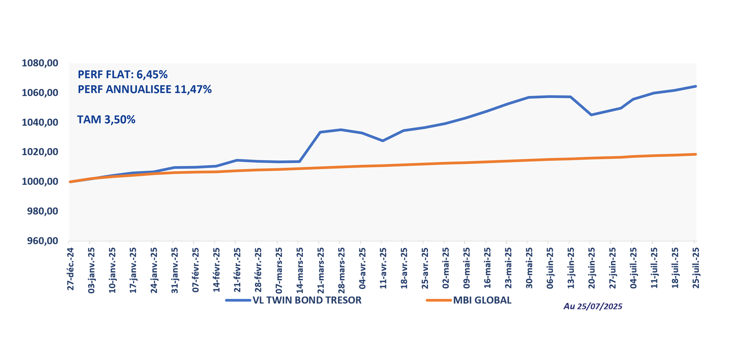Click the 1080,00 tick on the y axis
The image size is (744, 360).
[x=39, y=63]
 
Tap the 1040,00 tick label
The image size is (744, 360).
[x=39, y=123]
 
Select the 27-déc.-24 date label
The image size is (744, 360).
[x=70, y=268]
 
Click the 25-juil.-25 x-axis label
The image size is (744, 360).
[x=695, y=268]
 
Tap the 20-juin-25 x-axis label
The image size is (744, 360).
[x=591, y=268]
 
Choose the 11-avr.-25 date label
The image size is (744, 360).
[x=383, y=268]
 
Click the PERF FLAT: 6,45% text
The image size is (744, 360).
[x=123, y=75]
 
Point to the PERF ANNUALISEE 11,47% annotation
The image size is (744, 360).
[x=145, y=89]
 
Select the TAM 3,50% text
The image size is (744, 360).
[x=106, y=120]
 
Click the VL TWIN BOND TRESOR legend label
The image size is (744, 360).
[x=307, y=301]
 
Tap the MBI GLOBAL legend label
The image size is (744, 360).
[x=482, y=301]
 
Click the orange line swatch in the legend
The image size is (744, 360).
[x=439, y=301]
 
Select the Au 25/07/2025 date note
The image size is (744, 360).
[x=593, y=306]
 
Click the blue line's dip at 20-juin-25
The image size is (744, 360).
[x=591, y=115]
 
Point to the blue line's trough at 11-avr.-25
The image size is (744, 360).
[x=382, y=141]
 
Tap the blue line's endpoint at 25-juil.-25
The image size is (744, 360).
[x=695, y=86]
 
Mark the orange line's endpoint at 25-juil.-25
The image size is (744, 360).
[x=695, y=154]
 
